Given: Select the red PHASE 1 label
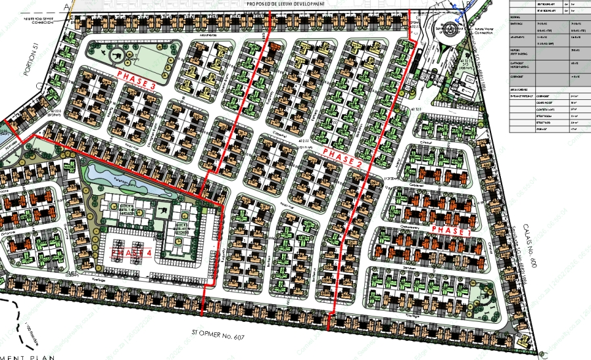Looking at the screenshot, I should pyautogui.click(x=453, y=230).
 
